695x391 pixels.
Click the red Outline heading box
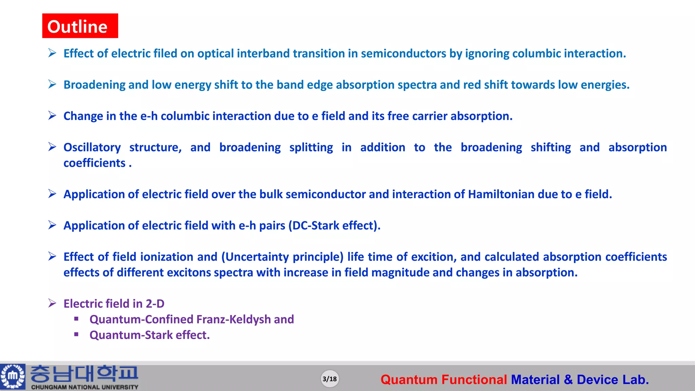80,26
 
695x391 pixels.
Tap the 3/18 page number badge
330,379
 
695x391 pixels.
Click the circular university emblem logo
13,376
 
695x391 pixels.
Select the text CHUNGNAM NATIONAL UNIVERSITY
84,387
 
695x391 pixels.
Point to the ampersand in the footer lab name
568,379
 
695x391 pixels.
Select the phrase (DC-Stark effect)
334,225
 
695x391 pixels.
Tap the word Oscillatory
92,147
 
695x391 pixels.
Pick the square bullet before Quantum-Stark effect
76,335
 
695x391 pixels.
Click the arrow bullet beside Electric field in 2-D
52,303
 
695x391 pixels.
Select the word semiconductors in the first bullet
403,54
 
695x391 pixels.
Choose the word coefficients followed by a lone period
94,163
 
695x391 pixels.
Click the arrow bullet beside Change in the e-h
52,116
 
